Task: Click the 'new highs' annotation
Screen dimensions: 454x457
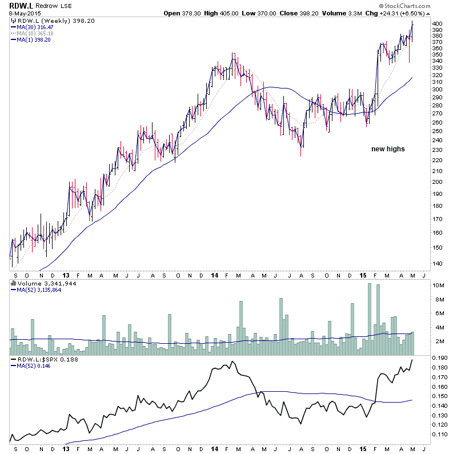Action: coord(388,149)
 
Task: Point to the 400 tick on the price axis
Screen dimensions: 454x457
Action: coord(438,23)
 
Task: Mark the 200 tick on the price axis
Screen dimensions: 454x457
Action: coord(438,182)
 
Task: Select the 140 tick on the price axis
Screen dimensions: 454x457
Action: coord(438,263)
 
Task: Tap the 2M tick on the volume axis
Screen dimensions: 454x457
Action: coord(438,341)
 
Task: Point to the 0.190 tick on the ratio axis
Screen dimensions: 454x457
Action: coord(439,358)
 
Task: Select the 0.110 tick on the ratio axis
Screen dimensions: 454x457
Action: coord(439,435)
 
